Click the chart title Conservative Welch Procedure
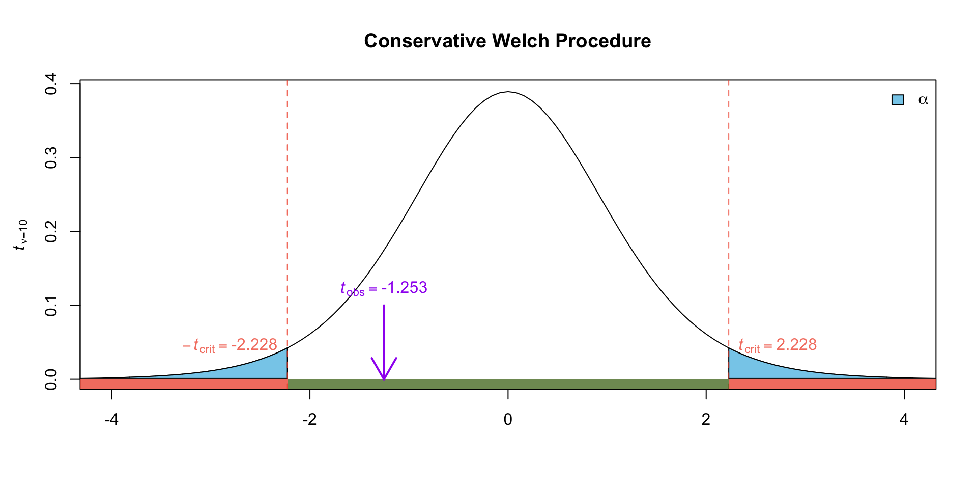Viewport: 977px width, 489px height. [x=507, y=41]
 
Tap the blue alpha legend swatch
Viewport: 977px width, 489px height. [x=898, y=100]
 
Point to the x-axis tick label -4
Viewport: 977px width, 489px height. [x=111, y=420]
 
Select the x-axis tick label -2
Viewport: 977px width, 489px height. [x=309, y=420]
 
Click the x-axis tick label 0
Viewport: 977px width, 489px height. [x=508, y=420]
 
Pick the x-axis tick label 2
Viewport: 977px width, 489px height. [x=706, y=420]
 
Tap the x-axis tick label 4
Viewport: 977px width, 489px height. [x=904, y=420]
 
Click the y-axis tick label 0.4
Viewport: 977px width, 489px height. [x=51, y=84]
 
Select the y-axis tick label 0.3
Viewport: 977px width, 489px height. [x=51, y=157]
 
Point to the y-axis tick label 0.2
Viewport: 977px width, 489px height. [x=51, y=231]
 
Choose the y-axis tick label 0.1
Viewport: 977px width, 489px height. [x=51, y=305]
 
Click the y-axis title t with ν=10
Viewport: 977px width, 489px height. [x=21, y=235]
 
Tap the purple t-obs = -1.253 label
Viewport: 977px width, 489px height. [x=384, y=288]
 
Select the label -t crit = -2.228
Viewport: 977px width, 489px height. [x=229, y=345]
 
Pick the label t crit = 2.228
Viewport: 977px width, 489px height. [x=778, y=345]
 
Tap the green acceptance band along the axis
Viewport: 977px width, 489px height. [x=508, y=384]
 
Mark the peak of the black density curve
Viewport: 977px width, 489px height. [x=508, y=92]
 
